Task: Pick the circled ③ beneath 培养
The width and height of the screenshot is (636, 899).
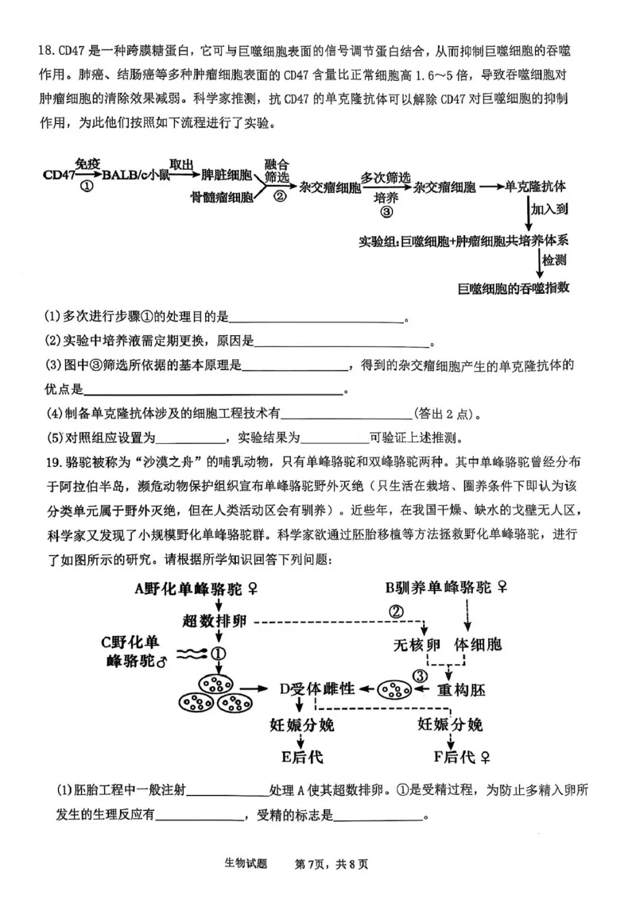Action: click(x=386, y=212)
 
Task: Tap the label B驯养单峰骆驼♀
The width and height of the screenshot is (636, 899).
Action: click(x=447, y=588)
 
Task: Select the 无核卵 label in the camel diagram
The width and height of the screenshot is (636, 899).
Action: click(x=417, y=644)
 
